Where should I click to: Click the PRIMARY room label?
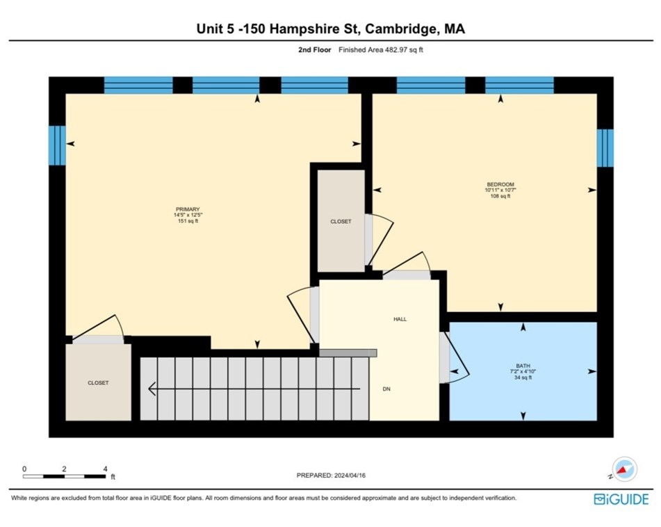tap(188, 209)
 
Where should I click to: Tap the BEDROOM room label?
tap(500, 184)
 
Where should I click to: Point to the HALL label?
tap(400, 319)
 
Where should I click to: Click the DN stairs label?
tap(386, 389)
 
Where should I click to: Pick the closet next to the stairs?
tap(98, 382)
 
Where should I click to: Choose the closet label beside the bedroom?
tap(341, 222)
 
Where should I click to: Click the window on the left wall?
tap(57, 145)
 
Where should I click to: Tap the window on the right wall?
tap(605, 148)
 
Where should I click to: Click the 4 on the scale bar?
tap(104, 469)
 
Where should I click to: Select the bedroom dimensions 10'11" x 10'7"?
tap(500, 190)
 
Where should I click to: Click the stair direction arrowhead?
tap(150, 389)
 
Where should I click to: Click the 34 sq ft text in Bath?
tap(523, 378)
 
